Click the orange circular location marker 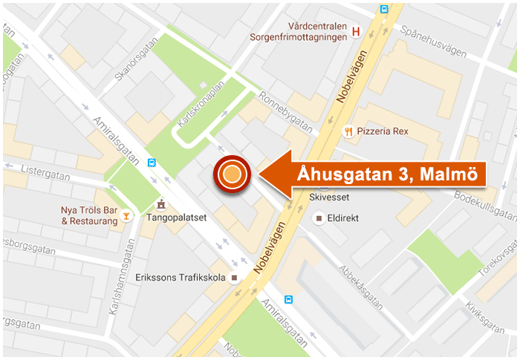pos(233,175)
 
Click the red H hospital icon pos(356,32)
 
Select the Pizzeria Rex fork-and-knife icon pos(348,131)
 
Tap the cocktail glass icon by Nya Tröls pos(127,215)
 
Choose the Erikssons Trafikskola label pos(181,278)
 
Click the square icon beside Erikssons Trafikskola pos(235,278)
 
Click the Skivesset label pos(328,198)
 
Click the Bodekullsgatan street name pos(484,202)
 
